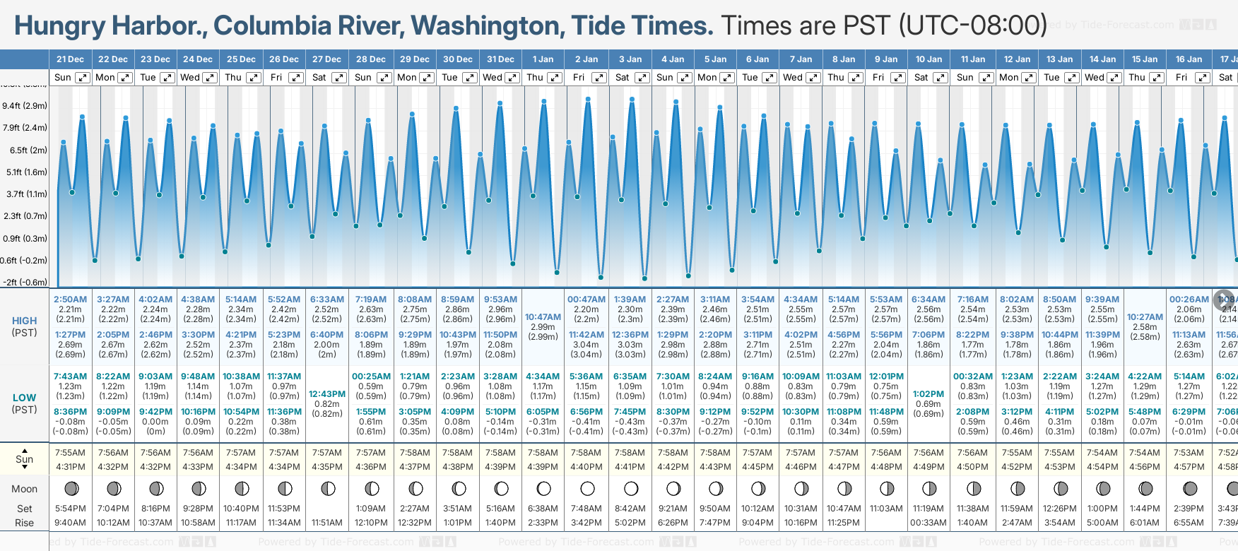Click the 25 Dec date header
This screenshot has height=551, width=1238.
(241, 59)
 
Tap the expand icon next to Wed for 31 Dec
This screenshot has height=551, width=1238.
(512, 78)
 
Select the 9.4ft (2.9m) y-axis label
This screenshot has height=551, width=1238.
(25, 106)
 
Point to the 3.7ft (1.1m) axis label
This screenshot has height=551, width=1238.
(25, 194)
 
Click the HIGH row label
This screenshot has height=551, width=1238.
(24, 321)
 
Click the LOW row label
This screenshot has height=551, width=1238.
(24, 398)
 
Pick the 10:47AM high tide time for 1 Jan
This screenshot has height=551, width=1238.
(543, 317)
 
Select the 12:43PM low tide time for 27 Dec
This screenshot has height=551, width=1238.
(327, 394)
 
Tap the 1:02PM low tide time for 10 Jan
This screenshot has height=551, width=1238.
(928, 394)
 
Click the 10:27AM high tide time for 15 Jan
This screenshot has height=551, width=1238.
(1145, 317)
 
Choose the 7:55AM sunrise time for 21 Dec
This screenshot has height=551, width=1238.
(70, 453)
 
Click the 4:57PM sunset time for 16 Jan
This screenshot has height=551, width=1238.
(1189, 467)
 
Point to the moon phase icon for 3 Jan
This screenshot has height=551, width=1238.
(630, 489)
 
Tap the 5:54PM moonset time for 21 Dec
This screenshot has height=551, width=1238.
(70, 509)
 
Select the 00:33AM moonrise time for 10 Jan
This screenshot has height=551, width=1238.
(928, 523)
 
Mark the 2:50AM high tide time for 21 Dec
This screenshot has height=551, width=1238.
(70, 300)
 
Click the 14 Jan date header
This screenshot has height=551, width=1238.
(1102, 59)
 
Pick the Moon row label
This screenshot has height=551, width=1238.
(24, 489)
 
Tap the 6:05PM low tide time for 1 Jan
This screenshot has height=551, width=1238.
(543, 412)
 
